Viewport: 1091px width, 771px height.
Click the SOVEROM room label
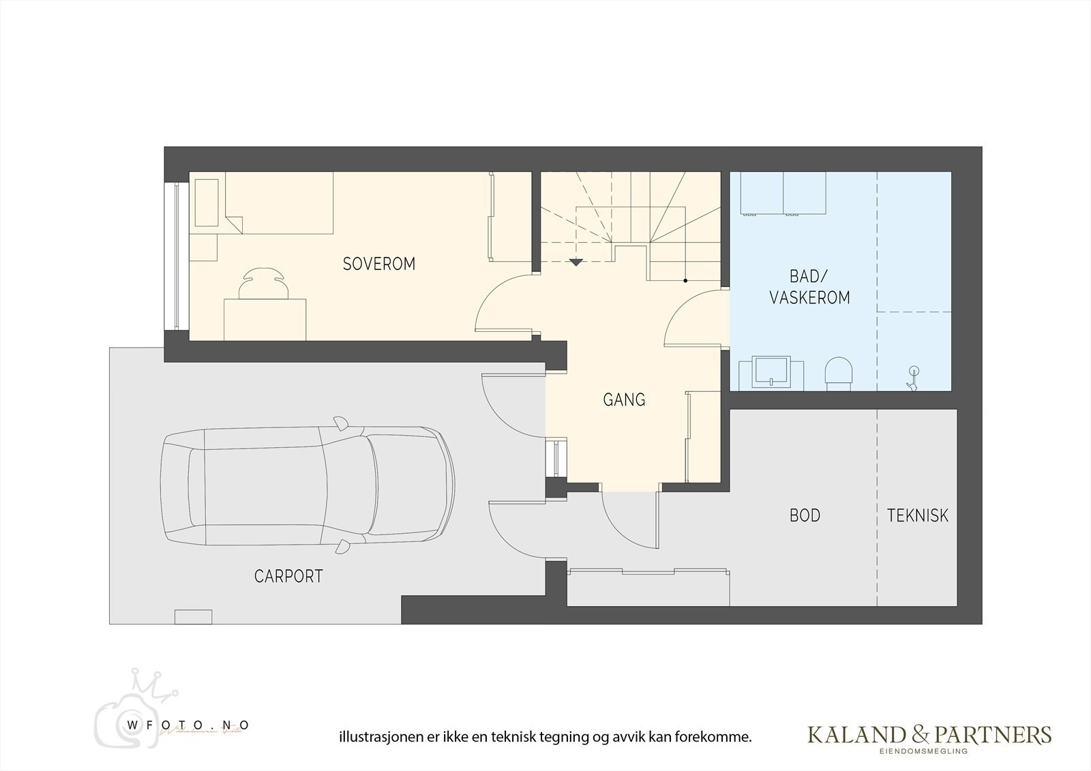pyautogui.click(x=378, y=264)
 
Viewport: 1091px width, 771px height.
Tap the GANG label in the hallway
pyautogui.click(x=624, y=400)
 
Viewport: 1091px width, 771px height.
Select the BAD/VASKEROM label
pyautogui.click(x=809, y=287)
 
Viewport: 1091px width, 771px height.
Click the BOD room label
pyautogui.click(x=805, y=515)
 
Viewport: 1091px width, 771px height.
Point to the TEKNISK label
pyautogui.click(x=917, y=515)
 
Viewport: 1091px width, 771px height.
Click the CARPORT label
pyautogui.click(x=288, y=576)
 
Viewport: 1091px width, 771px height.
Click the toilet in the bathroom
pyautogui.click(x=839, y=374)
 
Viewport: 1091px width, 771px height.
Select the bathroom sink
pyautogui.click(x=771, y=372)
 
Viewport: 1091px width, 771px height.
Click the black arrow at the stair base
pyautogui.click(x=576, y=262)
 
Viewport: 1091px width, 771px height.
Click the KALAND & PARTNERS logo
pyautogui.click(x=929, y=734)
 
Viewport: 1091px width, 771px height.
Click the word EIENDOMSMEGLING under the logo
pyautogui.click(x=929, y=751)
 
